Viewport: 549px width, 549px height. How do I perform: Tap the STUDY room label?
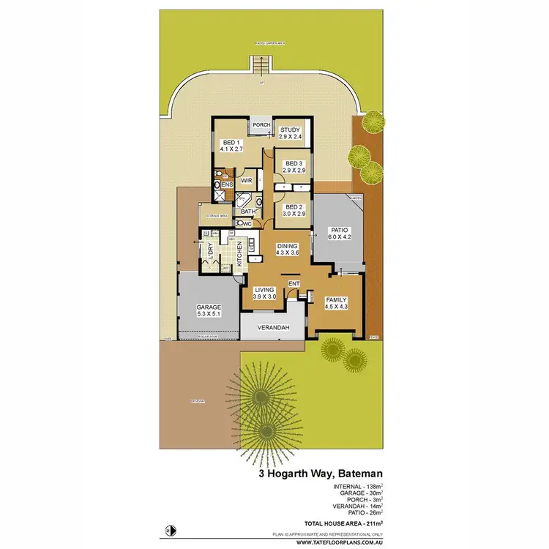(x=290, y=130)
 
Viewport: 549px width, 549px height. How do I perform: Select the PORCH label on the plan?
(x=261, y=125)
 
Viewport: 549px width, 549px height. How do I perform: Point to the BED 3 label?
(x=294, y=163)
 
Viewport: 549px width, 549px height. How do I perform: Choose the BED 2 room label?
(x=294, y=207)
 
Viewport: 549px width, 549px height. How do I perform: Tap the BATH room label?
(x=249, y=212)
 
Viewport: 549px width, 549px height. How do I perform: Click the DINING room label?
(x=286, y=246)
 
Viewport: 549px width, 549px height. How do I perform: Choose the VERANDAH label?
(x=272, y=327)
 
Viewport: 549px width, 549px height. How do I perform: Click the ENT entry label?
(x=294, y=283)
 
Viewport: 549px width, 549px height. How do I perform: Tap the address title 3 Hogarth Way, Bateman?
(x=320, y=474)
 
